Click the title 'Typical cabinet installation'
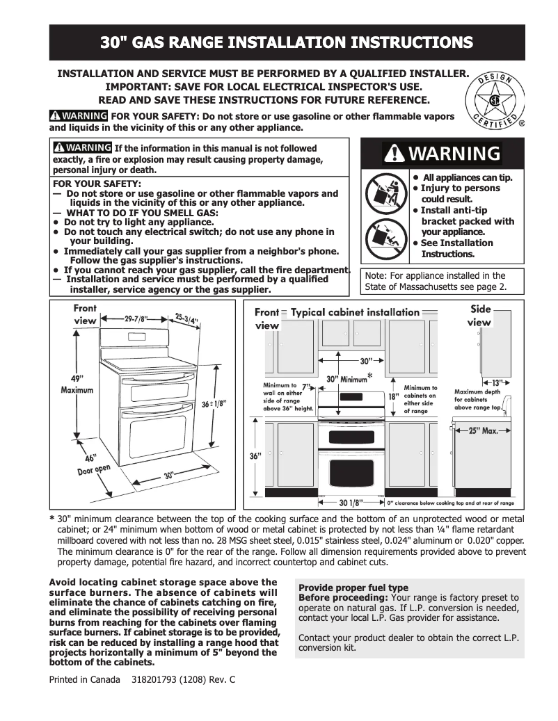(355, 313)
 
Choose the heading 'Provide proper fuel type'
(353, 588)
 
